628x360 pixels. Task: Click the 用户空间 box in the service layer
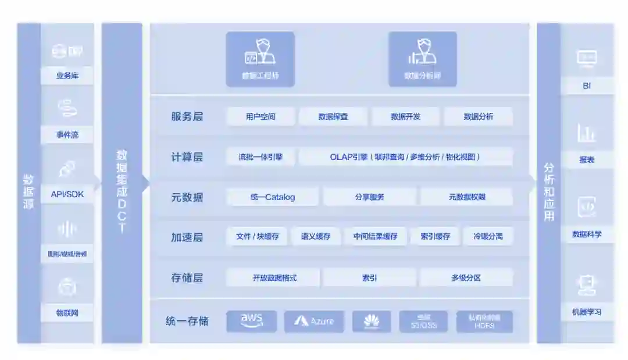point(261,116)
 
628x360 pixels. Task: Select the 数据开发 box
point(405,116)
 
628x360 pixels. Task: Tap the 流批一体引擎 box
point(260,157)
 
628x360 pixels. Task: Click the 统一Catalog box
point(272,197)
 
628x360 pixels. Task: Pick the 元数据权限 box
point(466,197)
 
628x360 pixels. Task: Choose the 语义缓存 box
point(316,237)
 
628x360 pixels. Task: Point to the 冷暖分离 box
point(488,237)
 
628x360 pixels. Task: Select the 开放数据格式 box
point(274,278)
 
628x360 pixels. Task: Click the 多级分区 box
point(466,278)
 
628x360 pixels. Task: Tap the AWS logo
point(251,321)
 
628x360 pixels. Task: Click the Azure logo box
point(314,321)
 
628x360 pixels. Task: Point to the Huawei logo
point(372,321)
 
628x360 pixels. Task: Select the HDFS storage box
point(484,322)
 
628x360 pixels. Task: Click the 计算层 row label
point(187,157)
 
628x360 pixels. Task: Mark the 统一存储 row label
point(187,321)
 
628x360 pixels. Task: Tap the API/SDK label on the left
point(67,194)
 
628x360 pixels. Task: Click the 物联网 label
point(67,313)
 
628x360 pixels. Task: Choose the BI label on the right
point(587,86)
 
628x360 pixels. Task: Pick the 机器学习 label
point(587,312)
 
